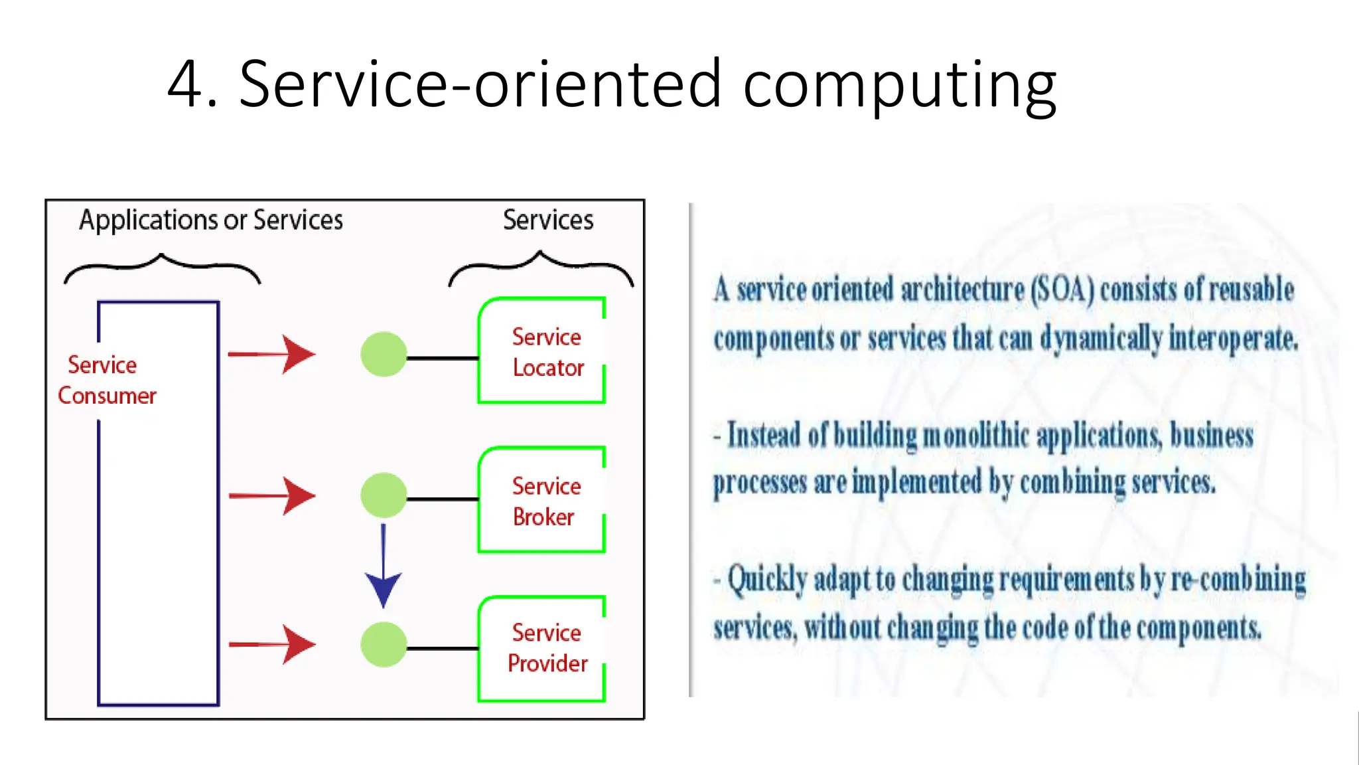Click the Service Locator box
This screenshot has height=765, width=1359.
point(541,351)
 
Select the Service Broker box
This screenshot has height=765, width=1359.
point(541,500)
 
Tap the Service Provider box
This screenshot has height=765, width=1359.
point(541,648)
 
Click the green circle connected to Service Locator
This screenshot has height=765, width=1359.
point(384,355)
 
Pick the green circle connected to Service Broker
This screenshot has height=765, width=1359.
point(384,495)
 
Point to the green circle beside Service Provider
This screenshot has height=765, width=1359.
point(384,644)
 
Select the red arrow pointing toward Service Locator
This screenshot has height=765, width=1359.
point(271,354)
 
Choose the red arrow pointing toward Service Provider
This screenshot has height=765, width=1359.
point(271,644)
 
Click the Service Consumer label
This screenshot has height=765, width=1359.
point(106,381)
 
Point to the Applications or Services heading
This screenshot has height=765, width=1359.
point(211,220)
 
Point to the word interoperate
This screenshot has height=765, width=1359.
point(1233,339)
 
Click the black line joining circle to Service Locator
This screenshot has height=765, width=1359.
point(443,358)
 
